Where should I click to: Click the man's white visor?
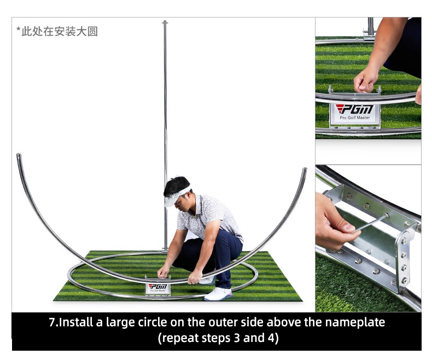click(x=176, y=196)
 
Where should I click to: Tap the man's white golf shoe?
click(x=218, y=294)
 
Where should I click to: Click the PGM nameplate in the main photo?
click(x=158, y=288)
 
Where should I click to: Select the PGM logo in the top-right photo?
click(x=354, y=109)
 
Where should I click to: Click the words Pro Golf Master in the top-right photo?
click(x=354, y=118)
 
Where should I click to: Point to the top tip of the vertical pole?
click(x=165, y=21)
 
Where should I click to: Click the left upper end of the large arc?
click(x=19, y=155)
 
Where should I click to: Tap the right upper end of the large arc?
click(x=305, y=169)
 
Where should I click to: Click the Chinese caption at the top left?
click(x=57, y=31)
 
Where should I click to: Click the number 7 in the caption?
click(x=52, y=322)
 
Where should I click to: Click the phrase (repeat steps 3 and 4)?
click(x=218, y=338)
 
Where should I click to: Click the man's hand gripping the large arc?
click(x=195, y=277)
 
